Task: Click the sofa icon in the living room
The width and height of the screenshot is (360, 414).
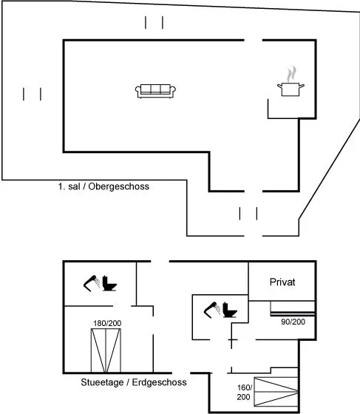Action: [x=155, y=92]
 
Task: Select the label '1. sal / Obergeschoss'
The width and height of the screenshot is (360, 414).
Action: [x=103, y=186]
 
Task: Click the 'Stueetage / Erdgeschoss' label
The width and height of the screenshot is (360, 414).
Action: [x=134, y=382]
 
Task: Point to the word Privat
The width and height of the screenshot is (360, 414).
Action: [x=282, y=282]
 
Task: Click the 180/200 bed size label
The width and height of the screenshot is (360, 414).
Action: [x=107, y=323]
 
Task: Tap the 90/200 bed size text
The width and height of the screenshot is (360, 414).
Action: [x=293, y=322]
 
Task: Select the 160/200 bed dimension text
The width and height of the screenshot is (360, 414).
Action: [x=244, y=392]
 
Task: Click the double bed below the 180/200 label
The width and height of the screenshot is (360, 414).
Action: [x=106, y=350]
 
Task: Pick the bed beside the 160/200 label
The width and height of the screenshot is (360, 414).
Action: [x=276, y=392]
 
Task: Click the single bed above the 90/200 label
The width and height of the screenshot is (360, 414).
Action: [x=293, y=308]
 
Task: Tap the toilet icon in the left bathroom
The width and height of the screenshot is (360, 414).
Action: [x=109, y=283]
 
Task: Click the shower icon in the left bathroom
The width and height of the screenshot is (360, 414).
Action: [x=92, y=283]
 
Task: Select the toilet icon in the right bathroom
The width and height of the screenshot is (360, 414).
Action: [x=230, y=310]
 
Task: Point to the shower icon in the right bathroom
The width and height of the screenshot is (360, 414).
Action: [x=212, y=310]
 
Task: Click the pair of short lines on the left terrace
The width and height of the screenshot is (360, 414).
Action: [x=33, y=94]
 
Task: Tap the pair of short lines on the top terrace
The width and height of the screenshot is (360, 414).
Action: [x=154, y=22]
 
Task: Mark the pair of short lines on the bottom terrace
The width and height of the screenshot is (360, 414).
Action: [x=248, y=214]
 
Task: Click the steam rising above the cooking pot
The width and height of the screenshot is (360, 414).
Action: [x=291, y=74]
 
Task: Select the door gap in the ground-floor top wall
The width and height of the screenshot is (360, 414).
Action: [x=160, y=262]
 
